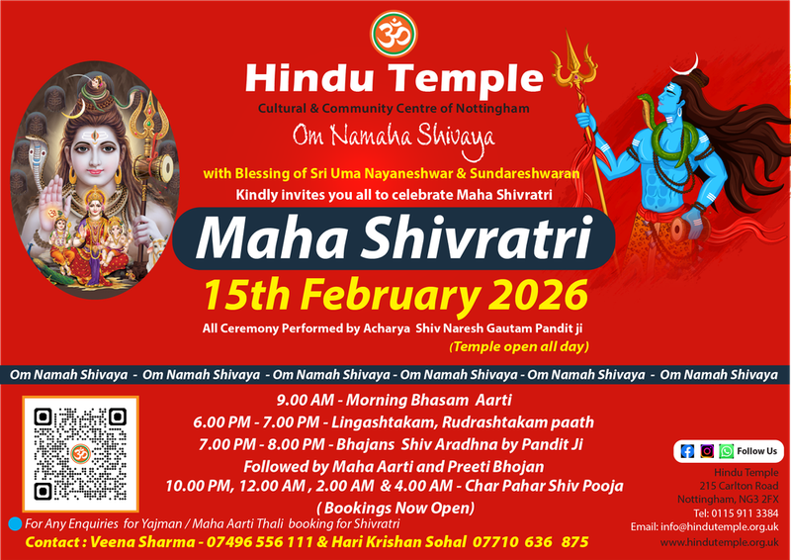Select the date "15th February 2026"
[x=395, y=294]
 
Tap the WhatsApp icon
[x=726, y=450]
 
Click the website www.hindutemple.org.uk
[x=718, y=543]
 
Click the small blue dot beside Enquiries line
[x=14, y=522]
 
